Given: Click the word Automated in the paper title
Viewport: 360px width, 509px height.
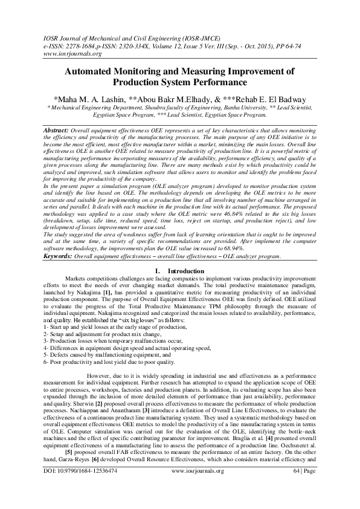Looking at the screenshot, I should tap(96, 71).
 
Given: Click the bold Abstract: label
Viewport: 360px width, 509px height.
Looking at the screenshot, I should tap(57, 131).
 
